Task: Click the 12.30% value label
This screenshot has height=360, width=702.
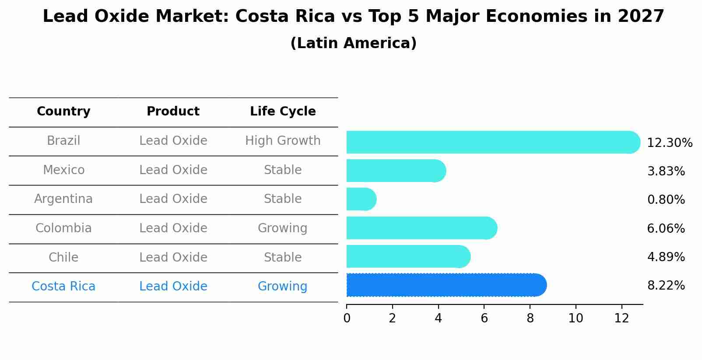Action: (x=669, y=143)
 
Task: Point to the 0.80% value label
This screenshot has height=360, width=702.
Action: (x=666, y=200)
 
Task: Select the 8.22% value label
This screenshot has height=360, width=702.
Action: (x=666, y=286)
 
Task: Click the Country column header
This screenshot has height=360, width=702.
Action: (x=63, y=112)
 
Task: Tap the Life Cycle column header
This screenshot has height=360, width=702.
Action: (x=283, y=112)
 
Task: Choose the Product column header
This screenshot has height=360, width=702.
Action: (x=173, y=112)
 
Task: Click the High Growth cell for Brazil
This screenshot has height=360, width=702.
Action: (x=283, y=141)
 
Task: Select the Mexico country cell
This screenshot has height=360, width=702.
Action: (x=63, y=170)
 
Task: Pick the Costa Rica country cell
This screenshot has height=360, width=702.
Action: (x=63, y=287)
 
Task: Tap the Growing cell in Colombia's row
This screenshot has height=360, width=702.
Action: (x=282, y=228)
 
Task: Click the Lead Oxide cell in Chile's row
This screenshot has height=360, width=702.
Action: (x=173, y=257)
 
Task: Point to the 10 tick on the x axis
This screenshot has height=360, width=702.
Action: (x=576, y=318)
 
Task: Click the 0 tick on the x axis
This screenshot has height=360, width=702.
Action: (x=347, y=318)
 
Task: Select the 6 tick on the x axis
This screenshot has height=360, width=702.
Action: (x=484, y=318)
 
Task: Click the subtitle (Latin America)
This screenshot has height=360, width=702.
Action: (x=353, y=43)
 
